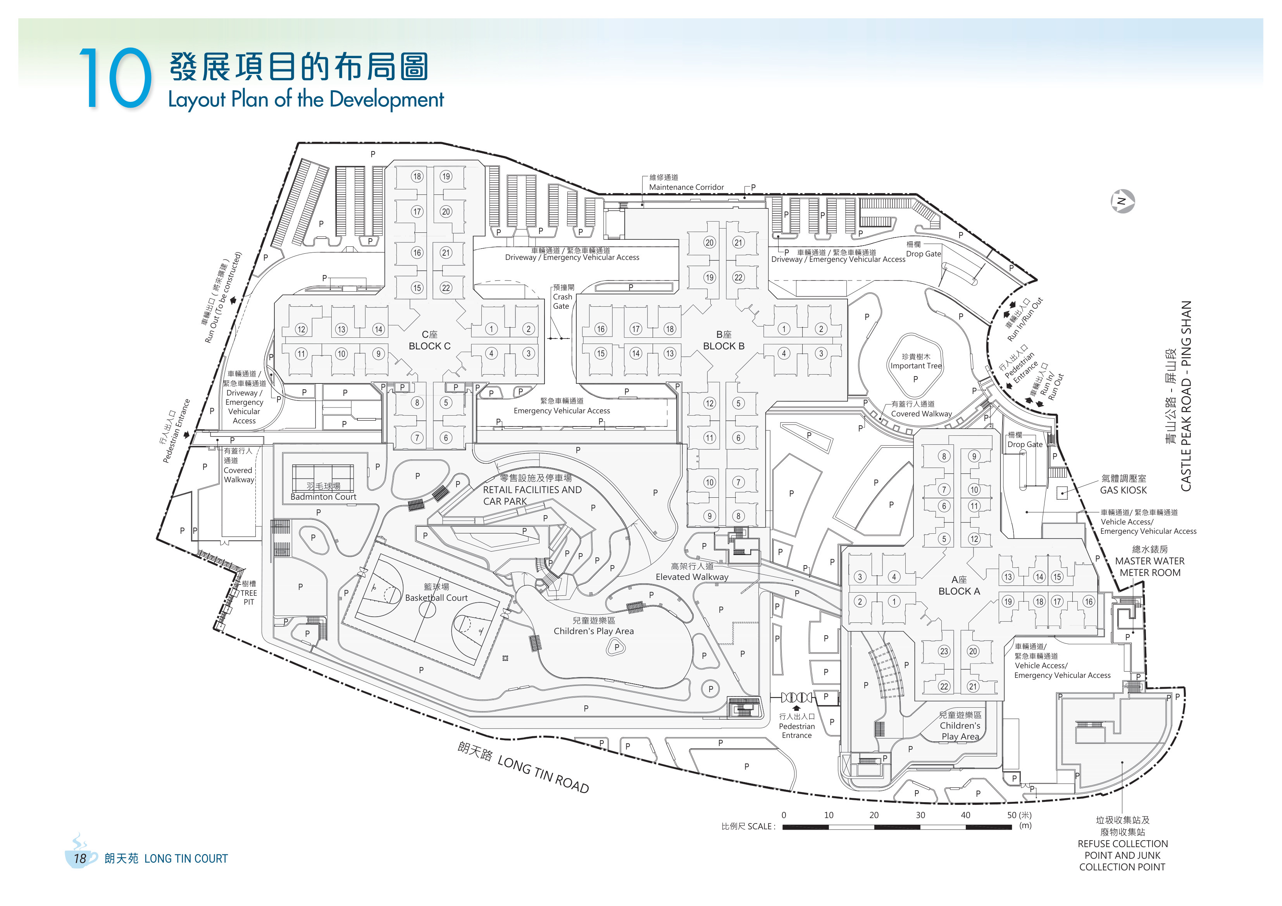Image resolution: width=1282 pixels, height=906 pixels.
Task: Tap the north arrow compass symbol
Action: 1122,201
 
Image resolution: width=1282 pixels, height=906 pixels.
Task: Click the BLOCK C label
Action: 429,346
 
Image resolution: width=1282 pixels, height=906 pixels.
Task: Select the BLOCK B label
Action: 724,346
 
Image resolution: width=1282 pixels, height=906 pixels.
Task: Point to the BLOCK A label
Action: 959,591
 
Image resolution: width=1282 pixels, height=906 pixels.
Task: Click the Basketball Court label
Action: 436,598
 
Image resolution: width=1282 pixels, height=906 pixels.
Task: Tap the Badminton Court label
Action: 323,497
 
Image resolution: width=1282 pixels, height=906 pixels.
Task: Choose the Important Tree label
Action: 916,366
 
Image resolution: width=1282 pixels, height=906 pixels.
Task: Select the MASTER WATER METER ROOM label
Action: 1150,567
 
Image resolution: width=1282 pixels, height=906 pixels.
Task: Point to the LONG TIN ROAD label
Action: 543,774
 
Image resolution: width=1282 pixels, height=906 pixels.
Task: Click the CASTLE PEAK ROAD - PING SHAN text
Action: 1186,396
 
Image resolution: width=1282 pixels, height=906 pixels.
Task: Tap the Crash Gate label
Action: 562,301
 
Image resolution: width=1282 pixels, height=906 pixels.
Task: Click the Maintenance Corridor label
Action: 686,187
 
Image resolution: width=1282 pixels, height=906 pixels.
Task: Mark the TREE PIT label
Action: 248,597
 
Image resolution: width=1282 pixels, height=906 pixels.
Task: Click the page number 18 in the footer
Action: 80,859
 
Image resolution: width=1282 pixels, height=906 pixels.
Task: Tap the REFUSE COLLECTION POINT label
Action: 1122,849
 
